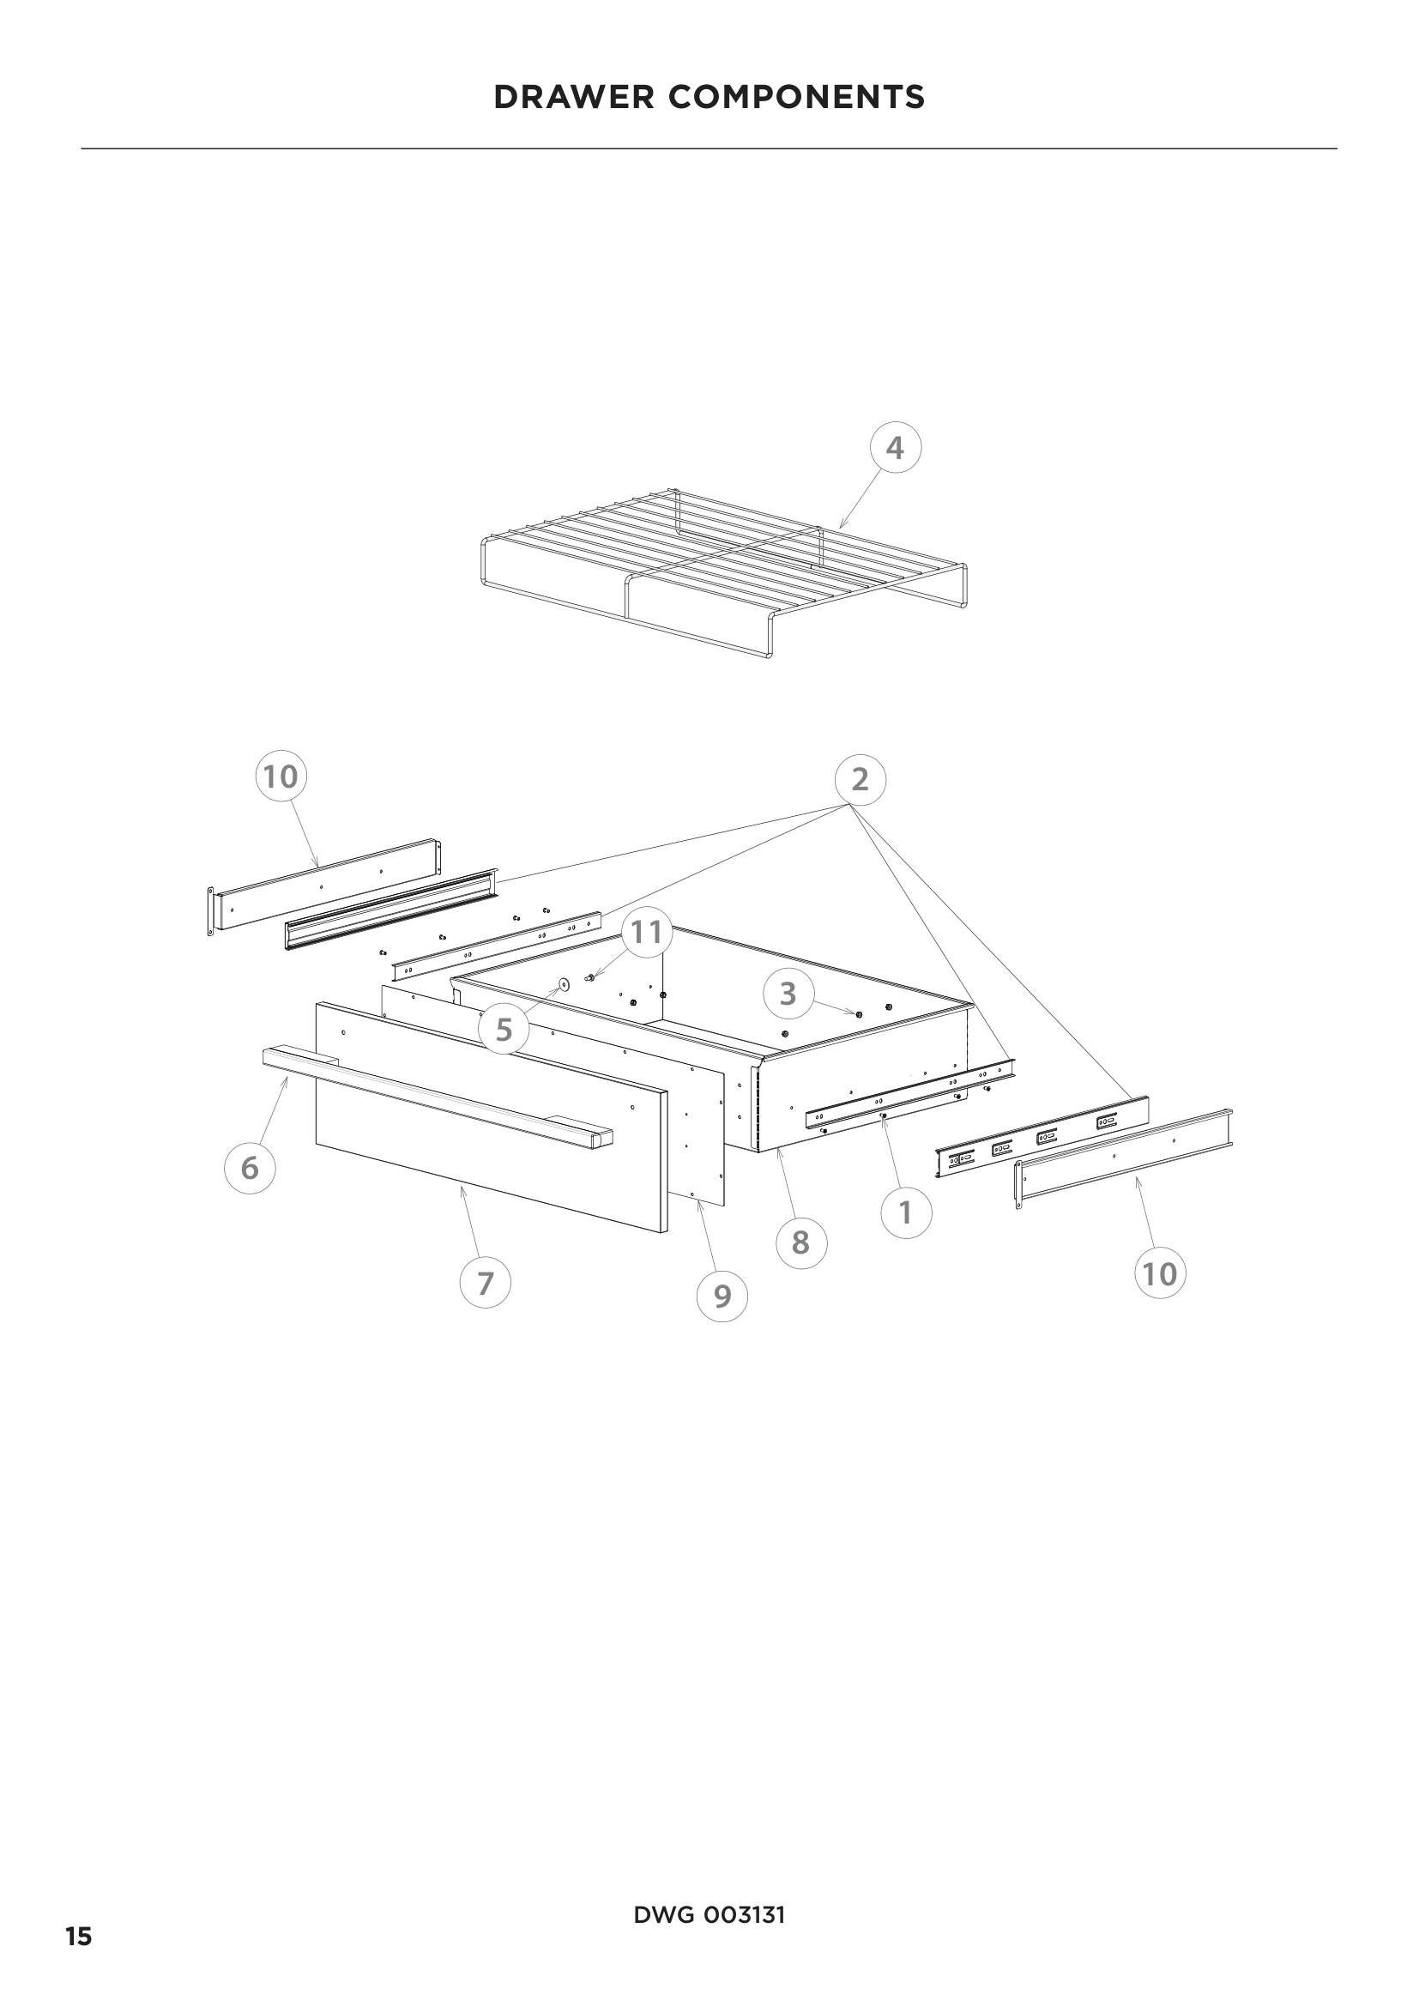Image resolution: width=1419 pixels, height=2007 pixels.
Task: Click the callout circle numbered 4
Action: click(896, 448)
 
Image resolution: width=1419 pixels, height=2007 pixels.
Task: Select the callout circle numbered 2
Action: click(860, 779)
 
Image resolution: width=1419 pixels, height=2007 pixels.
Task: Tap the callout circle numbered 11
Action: click(647, 932)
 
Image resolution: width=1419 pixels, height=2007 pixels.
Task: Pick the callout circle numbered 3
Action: click(788, 993)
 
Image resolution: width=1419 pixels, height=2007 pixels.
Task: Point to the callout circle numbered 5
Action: click(504, 1030)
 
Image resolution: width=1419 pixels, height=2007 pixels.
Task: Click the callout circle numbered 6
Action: click(250, 1168)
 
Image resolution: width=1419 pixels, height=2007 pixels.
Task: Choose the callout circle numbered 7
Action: click(485, 1282)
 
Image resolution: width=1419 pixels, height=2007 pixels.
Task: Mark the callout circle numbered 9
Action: click(722, 1296)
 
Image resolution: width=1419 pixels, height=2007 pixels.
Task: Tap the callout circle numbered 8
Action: click(800, 1242)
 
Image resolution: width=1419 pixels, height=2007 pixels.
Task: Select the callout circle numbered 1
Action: click(905, 1212)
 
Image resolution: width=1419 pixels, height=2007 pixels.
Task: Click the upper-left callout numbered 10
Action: click(281, 777)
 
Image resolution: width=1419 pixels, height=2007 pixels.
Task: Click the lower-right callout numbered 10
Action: click(1161, 1273)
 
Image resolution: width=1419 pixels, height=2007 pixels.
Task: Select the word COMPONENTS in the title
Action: click(797, 97)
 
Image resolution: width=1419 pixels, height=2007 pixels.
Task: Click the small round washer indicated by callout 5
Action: click(563, 985)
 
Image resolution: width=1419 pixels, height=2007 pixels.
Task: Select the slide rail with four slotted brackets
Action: click(1042, 1136)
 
